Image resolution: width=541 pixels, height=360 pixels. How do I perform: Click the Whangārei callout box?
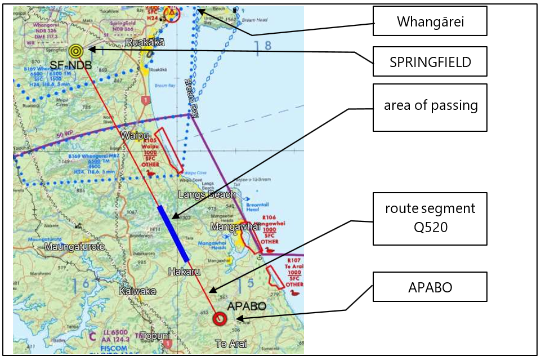430,21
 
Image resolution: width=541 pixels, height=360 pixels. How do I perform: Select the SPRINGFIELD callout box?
430,62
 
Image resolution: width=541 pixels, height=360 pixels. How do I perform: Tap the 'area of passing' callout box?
430,107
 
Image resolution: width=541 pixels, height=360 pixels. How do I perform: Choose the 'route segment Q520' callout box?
430,219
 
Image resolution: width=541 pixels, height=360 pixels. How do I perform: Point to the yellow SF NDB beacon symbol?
75,51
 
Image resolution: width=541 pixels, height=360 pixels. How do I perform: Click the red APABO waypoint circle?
220,319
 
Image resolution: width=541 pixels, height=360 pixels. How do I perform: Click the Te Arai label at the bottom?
231,343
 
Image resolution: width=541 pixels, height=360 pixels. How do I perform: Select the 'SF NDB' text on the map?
70,64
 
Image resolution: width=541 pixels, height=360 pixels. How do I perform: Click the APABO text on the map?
246,306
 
